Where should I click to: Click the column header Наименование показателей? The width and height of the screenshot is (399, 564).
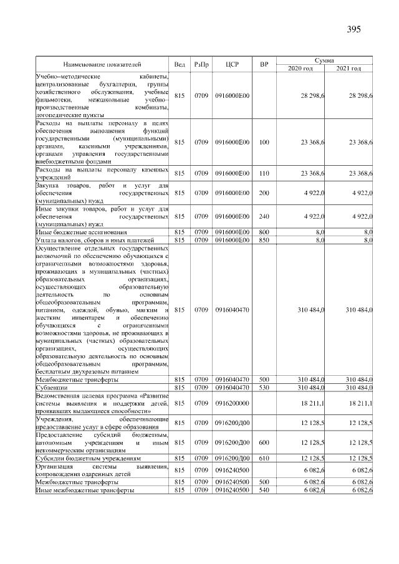coord(102,64)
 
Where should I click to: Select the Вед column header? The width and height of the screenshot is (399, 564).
coord(180,64)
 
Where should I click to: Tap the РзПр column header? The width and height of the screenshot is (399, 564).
coord(201,64)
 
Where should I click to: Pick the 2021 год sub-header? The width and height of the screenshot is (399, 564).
coord(349,68)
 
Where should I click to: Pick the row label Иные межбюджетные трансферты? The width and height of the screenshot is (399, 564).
coord(85,490)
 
